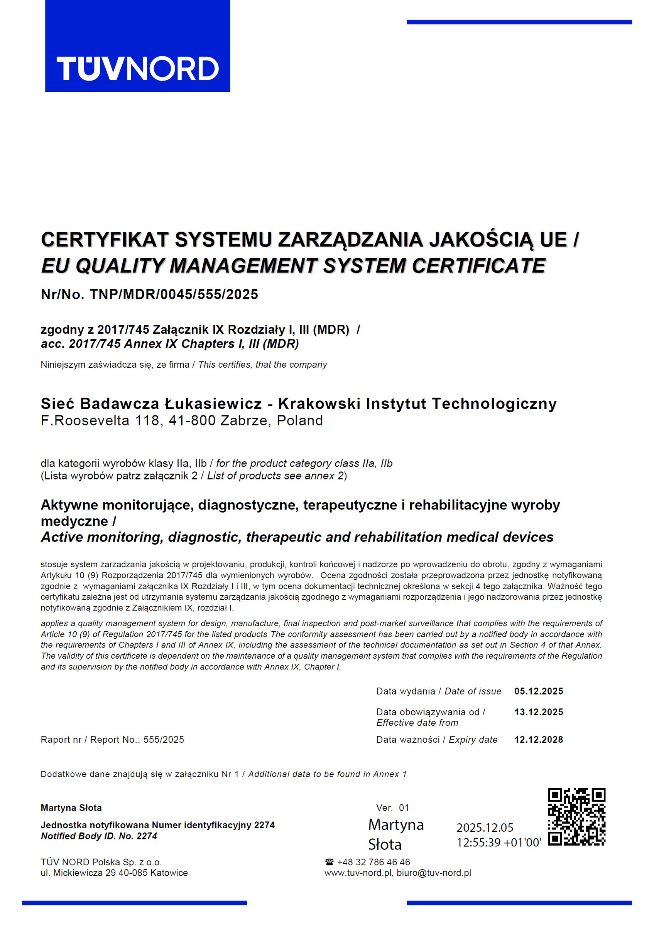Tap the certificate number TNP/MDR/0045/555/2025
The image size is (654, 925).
pyautogui.click(x=174, y=294)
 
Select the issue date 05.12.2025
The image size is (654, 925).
pyautogui.click(x=538, y=691)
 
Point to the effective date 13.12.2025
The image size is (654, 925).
pyautogui.click(x=538, y=712)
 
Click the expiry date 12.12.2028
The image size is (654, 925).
pyautogui.click(x=538, y=740)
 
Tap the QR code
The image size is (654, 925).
pyautogui.click(x=576, y=817)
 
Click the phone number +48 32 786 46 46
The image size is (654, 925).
pyautogui.click(x=373, y=862)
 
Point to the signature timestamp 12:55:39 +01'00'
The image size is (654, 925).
pyautogui.click(x=499, y=843)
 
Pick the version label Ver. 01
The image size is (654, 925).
pyautogui.click(x=392, y=808)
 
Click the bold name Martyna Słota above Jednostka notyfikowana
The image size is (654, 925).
pyautogui.click(x=71, y=808)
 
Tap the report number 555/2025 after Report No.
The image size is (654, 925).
pyautogui.click(x=164, y=740)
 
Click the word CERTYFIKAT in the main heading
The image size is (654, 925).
pyautogui.click(x=105, y=240)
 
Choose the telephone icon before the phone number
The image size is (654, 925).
pyautogui.click(x=330, y=862)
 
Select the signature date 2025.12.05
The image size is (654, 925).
pyautogui.click(x=485, y=828)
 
